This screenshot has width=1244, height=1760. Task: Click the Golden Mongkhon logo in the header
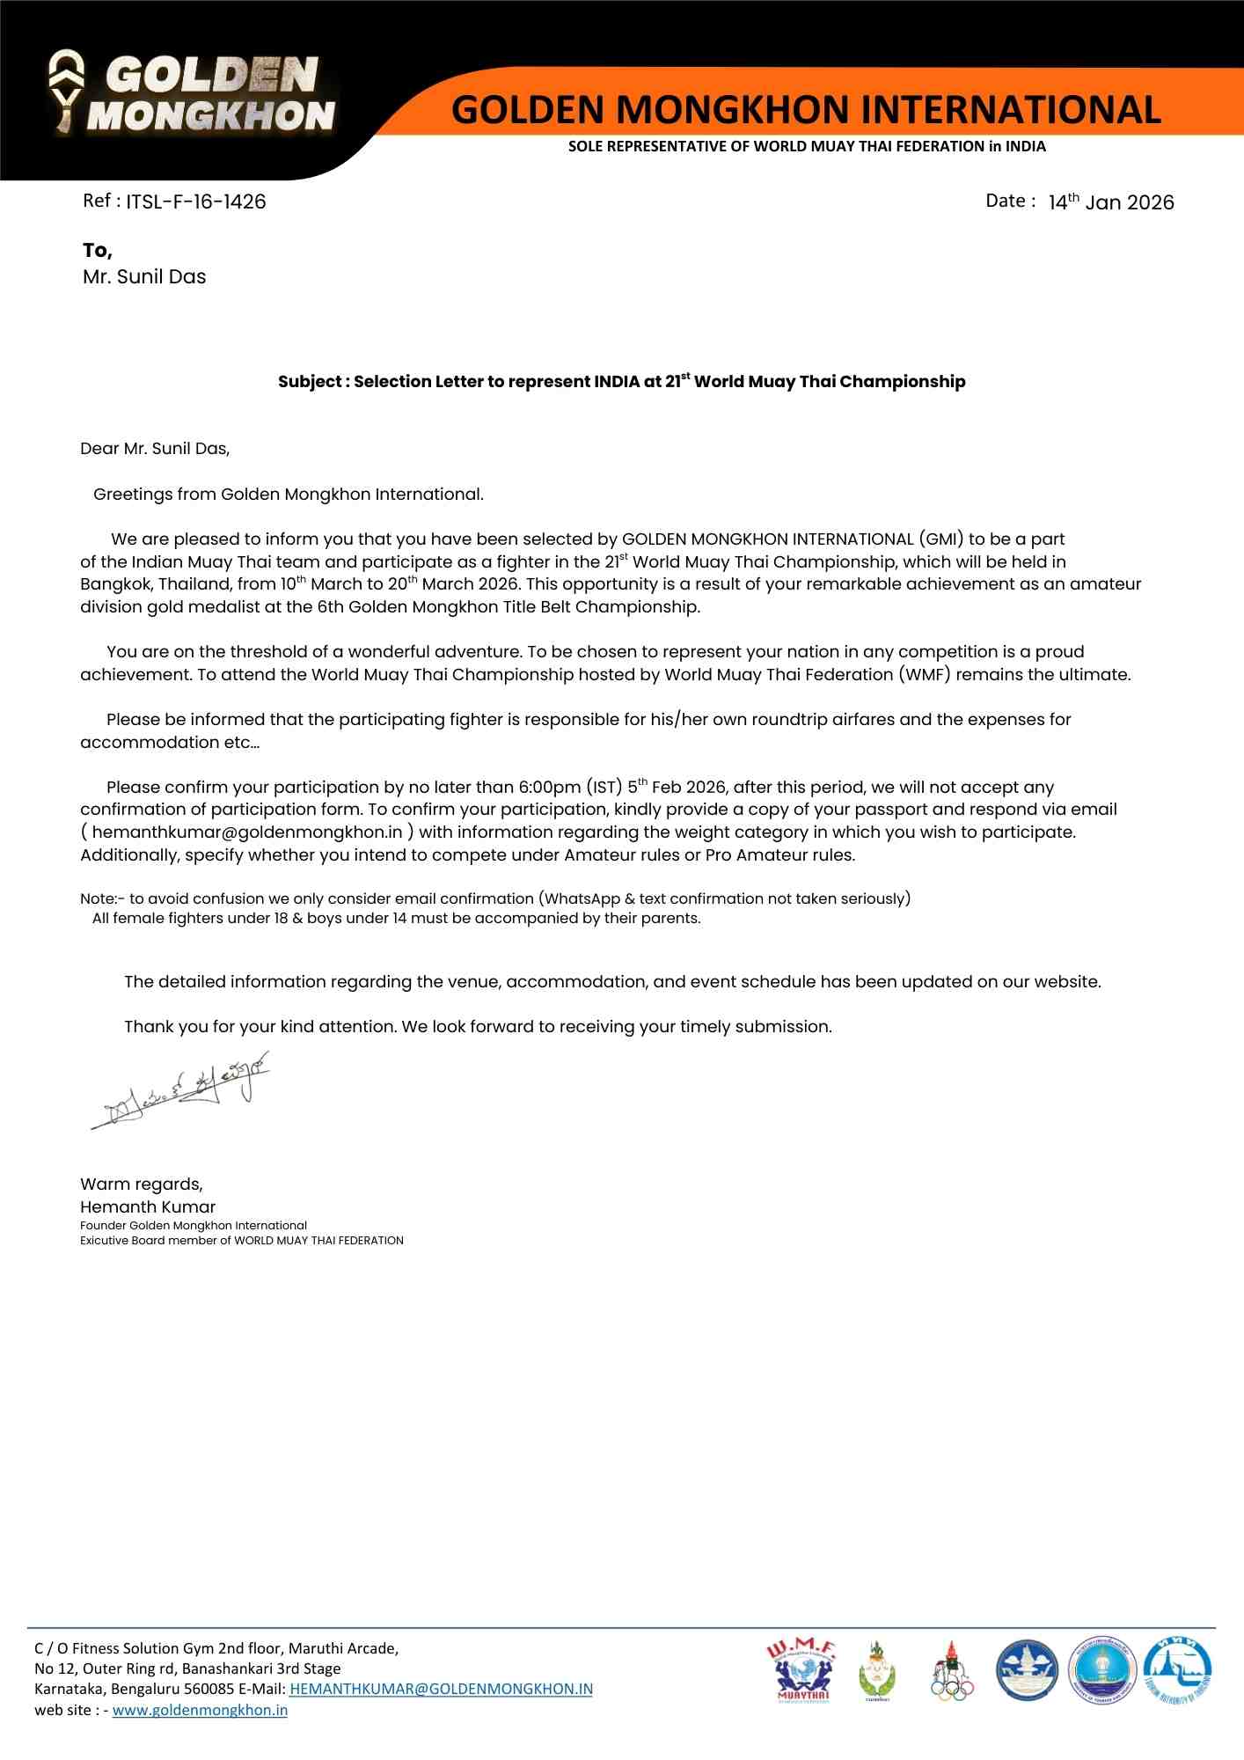pos(192,93)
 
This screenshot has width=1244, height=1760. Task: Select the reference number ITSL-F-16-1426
pos(195,202)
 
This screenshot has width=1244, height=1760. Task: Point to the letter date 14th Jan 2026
pos(1110,202)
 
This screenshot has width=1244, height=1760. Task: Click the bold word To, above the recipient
pos(98,251)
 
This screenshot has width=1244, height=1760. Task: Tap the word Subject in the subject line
pos(310,382)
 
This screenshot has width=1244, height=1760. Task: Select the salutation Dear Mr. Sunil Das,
pos(155,449)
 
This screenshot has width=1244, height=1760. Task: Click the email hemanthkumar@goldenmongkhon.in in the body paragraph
pos(247,832)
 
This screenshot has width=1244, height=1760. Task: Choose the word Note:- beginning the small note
pos(102,899)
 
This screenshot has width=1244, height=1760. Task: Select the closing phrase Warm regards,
pos(142,1184)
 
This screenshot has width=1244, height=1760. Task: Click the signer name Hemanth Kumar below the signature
pos(148,1207)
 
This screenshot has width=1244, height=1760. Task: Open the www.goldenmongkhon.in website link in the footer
pos(200,1710)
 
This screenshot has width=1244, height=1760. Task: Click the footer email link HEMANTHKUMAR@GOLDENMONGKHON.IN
pos(441,1689)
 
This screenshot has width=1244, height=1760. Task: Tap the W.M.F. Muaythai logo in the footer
pos(801,1670)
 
